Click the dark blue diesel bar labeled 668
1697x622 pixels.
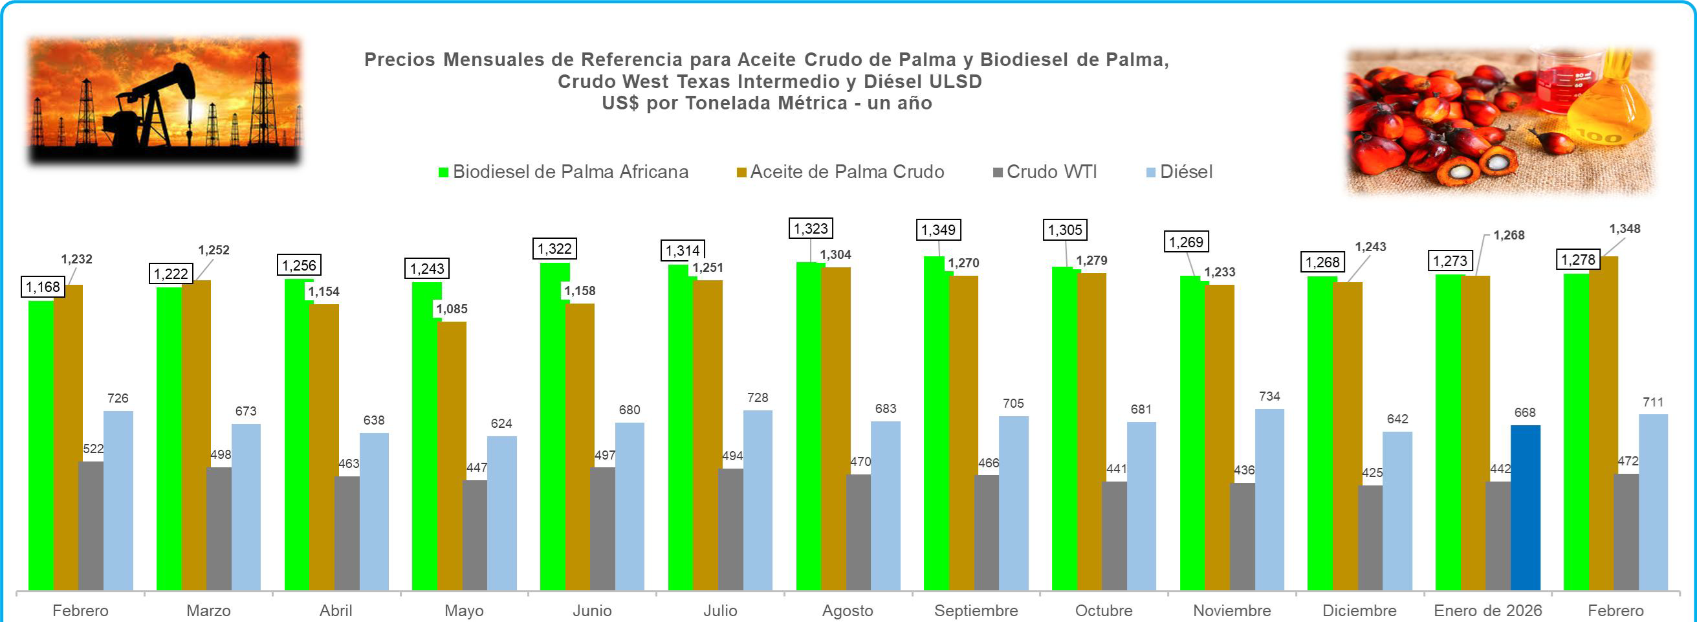(1524, 507)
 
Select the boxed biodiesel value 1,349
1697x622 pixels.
(937, 230)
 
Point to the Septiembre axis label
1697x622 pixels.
(976, 610)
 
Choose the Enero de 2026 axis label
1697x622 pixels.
(1487, 610)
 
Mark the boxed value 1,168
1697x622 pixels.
(43, 287)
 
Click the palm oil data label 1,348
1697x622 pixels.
(1625, 228)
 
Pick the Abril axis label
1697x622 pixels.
(335, 610)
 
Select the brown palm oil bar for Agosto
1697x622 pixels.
(836, 428)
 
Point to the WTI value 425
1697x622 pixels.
(1372, 472)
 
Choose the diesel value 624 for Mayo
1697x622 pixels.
(501, 423)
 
